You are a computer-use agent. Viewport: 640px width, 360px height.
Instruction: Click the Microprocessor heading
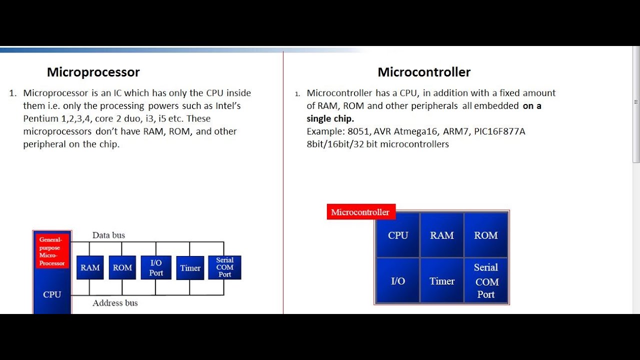tap(93, 72)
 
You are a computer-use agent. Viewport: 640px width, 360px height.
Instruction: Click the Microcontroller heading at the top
tap(424, 72)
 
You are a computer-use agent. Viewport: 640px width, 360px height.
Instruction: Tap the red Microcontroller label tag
tap(360, 212)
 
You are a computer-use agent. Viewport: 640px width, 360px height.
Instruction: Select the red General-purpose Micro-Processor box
tap(52, 251)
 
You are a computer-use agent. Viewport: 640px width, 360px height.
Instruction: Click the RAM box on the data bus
tap(90, 267)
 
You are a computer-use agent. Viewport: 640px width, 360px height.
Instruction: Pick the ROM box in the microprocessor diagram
tap(122, 267)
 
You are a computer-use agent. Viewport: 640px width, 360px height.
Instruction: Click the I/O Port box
tap(156, 267)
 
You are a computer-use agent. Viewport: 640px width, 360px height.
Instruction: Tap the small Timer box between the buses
tap(190, 268)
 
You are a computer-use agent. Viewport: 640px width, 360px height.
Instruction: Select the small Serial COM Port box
tap(224, 267)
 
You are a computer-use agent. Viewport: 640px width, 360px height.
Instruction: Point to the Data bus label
tap(108, 235)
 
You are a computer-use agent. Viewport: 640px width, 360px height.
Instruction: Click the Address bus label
tap(115, 303)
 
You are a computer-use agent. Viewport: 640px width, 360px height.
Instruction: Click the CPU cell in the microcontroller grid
tap(398, 235)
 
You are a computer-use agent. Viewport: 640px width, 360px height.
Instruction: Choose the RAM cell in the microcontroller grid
tap(442, 235)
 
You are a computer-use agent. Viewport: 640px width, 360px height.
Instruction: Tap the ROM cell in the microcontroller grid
tap(486, 235)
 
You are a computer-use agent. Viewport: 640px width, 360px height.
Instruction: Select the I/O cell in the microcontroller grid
tap(398, 281)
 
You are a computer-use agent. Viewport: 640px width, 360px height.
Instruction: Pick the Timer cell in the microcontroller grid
tap(442, 281)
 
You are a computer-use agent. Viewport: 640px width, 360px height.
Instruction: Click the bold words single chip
tap(330, 118)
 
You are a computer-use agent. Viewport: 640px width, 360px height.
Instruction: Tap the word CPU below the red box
tap(52, 294)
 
